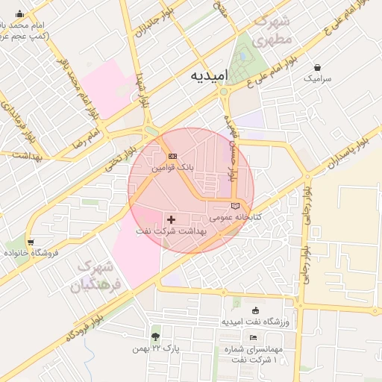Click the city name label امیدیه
pos(209,77)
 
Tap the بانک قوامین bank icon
pos(173,156)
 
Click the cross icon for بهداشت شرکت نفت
pos(172,219)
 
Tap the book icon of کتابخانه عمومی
pos(236,205)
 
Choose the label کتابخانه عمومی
pos(236,217)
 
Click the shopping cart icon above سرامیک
pos(319,67)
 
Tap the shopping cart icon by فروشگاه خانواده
pos(30,242)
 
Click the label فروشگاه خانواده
pos(30,254)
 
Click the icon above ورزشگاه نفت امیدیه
pos(256,310)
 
